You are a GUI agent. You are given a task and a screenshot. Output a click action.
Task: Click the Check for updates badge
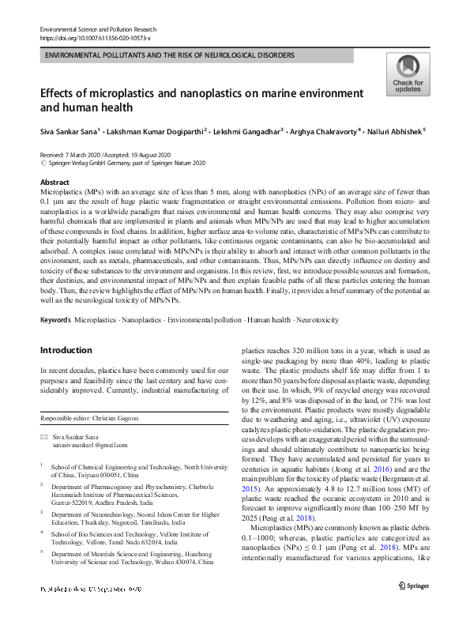coord(408,75)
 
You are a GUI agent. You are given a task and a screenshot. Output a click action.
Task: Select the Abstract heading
coord(55,182)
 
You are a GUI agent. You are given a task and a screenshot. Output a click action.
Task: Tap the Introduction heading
coord(66,349)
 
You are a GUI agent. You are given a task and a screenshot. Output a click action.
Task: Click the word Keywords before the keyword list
coord(55,320)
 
